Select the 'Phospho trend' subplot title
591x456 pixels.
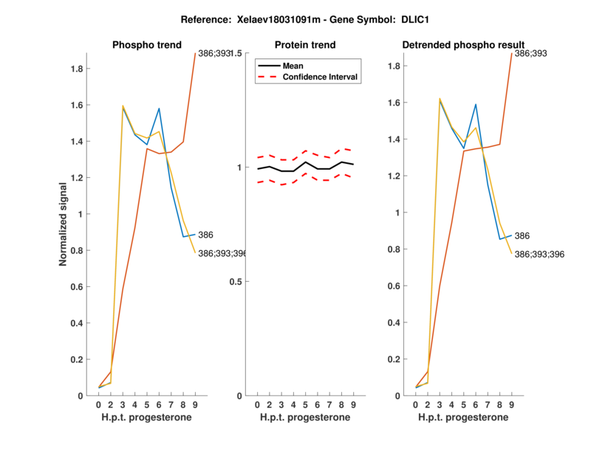(x=147, y=45)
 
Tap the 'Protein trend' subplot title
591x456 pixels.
(x=305, y=45)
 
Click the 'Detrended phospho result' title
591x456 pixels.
(x=463, y=45)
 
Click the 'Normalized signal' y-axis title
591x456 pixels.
(x=64, y=224)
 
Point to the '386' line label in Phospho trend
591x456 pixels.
(x=205, y=235)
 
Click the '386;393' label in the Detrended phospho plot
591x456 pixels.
(x=530, y=54)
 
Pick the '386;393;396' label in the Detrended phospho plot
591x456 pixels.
(x=539, y=254)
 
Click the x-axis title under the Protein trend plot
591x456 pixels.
(x=305, y=418)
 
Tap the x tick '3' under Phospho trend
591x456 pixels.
(x=123, y=404)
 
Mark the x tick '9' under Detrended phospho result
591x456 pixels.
(x=511, y=404)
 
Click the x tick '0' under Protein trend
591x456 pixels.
(x=256, y=404)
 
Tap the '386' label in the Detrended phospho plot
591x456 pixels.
(x=522, y=235)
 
